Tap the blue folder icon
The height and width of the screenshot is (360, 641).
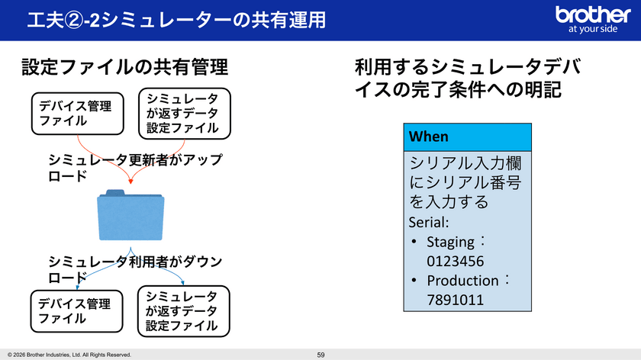click(x=130, y=215)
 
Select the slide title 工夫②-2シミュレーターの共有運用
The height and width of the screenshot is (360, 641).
click(x=176, y=20)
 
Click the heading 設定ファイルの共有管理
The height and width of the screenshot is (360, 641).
click(x=124, y=67)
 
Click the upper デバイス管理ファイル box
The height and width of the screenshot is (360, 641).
click(x=78, y=114)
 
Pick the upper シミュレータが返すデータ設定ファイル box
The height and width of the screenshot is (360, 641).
click(x=185, y=114)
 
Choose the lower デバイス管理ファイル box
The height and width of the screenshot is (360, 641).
click(x=77, y=311)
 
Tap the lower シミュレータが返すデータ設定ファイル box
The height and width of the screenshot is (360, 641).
click(x=184, y=311)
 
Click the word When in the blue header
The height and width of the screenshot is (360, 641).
click(x=428, y=137)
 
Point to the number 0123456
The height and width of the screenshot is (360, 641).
click(x=455, y=261)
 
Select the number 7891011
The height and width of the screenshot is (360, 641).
click(x=455, y=300)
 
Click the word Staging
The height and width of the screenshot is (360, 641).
click(x=450, y=242)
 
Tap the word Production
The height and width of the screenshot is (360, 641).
click(x=462, y=281)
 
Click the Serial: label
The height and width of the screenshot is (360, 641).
click(x=429, y=222)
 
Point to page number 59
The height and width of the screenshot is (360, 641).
click(x=321, y=355)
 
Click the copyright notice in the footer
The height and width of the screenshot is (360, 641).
click(x=69, y=355)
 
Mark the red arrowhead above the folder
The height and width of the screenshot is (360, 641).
click(x=130, y=182)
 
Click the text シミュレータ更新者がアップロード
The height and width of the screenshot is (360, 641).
click(x=135, y=168)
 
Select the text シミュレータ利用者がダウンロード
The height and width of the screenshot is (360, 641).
click(x=135, y=269)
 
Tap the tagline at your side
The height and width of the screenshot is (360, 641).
click(x=593, y=29)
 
